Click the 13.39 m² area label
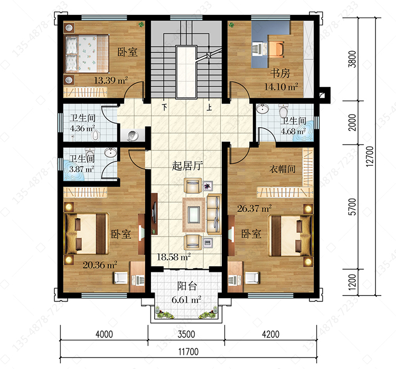click(x=111, y=80)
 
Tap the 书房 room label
click(x=280, y=73)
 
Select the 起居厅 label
click(x=187, y=166)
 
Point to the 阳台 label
click(x=186, y=286)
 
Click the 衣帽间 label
click(x=282, y=169)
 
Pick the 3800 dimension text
click(x=352, y=59)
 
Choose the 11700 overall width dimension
click(x=188, y=352)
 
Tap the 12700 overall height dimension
click(x=370, y=156)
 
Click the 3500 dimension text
click(x=186, y=334)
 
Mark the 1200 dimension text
click(x=352, y=282)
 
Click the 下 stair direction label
click(x=165, y=107)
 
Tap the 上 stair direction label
click(x=209, y=107)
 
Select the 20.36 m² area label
click(x=100, y=265)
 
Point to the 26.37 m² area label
click(x=254, y=209)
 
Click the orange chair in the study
click(x=276, y=48)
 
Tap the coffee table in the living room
click(x=194, y=215)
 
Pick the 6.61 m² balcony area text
click(x=186, y=300)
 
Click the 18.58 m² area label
click(x=174, y=257)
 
